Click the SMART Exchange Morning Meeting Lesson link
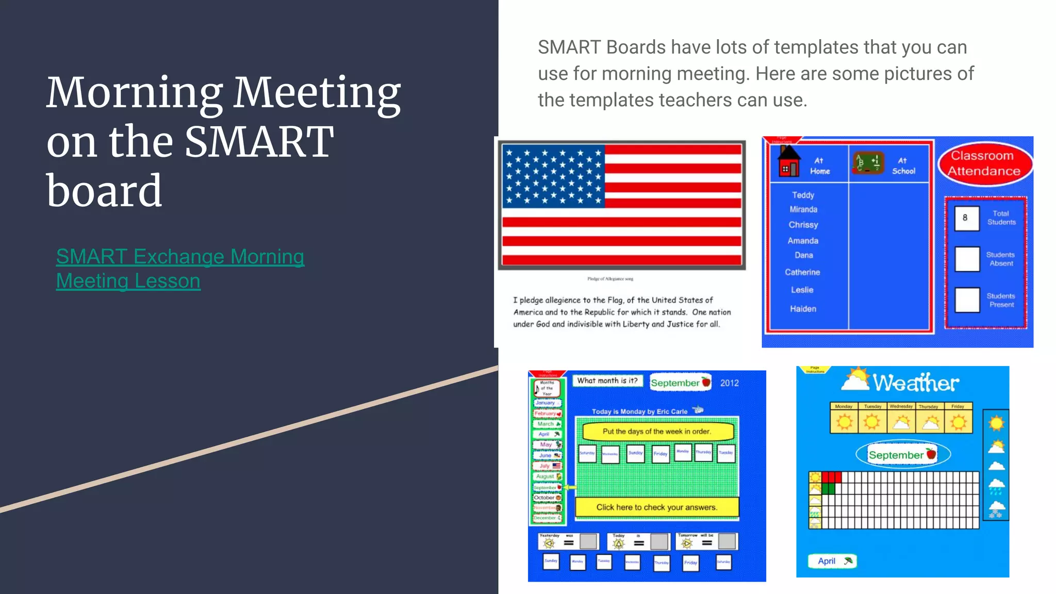(180, 269)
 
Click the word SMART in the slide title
(259, 142)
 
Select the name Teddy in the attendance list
(803, 195)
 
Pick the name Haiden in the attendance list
(803, 309)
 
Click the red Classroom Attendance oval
(984, 163)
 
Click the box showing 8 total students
(966, 218)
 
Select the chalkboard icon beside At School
(868, 163)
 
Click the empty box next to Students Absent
(967, 259)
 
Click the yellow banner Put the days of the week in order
(657, 432)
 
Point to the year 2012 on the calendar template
(729, 383)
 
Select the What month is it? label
(607, 381)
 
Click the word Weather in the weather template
(915, 383)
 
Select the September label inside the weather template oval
(896, 455)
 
